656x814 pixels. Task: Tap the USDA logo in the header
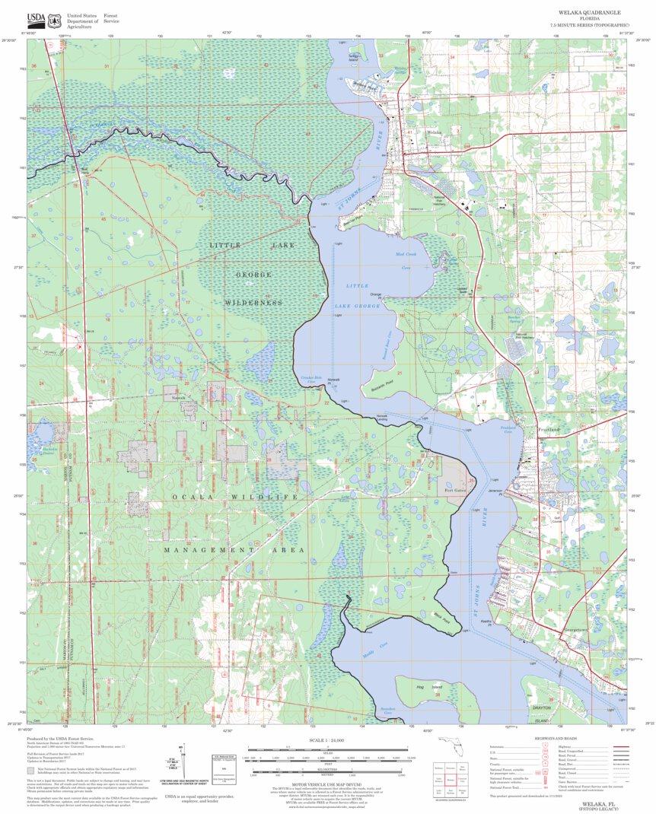point(36,21)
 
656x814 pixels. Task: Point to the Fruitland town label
point(549,430)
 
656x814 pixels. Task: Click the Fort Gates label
point(456,491)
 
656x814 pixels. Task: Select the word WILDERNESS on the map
point(253,303)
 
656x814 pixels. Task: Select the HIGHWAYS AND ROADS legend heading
point(556,739)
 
